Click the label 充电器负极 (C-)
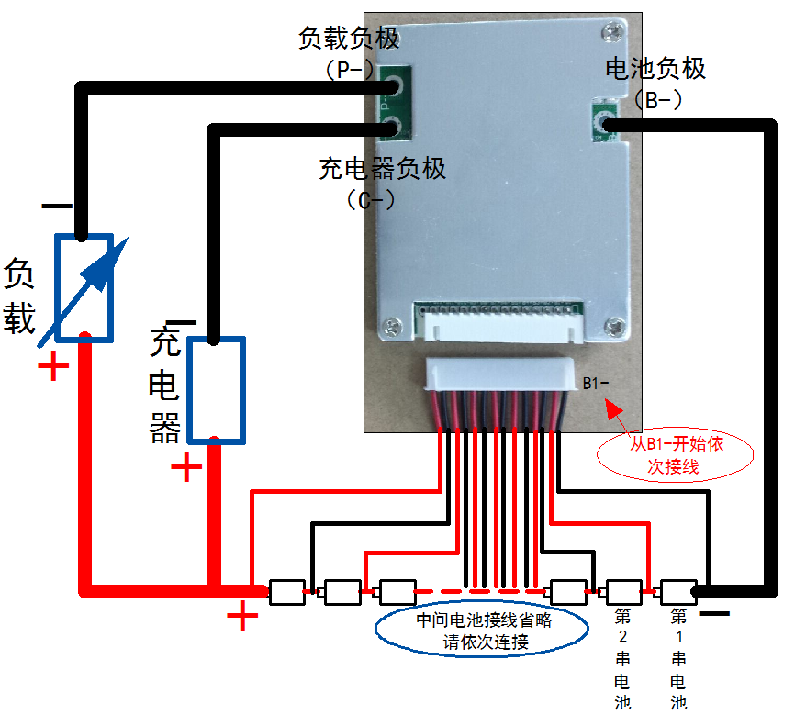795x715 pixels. [382, 182]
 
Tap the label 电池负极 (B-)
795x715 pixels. [655, 82]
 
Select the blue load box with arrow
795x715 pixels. [84, 287]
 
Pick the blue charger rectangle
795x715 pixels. [217, 389]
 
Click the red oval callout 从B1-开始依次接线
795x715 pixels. [675, 455]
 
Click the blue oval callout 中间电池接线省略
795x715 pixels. [483, 631]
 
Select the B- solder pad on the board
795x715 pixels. [604, 123]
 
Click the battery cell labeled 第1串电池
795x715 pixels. [678, 592]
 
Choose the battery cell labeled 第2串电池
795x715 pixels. [623, 592]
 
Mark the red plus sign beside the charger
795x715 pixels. [187, 468]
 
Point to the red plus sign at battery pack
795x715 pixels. [242, 616]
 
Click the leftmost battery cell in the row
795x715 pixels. [286, 592]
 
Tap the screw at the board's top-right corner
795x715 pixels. [612, 32]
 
